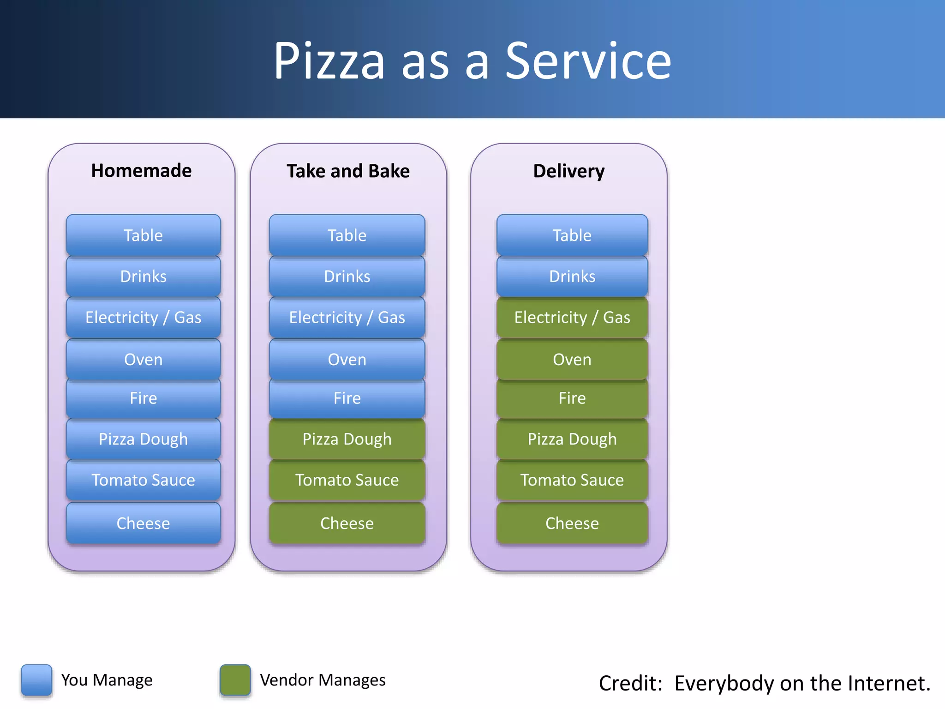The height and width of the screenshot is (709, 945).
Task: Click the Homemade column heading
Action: (x=141, y=171)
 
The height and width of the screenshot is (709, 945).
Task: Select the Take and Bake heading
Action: (x=348, y=171)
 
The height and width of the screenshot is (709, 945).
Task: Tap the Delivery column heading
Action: (x=568, y=171)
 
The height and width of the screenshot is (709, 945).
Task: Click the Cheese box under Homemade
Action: (x=143, y=523)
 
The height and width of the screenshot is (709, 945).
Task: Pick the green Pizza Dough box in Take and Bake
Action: (x=347, y=439)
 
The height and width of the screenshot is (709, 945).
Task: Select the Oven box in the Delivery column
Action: (x=572, y=360)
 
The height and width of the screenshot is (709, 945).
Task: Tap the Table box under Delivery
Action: (x=572, y=235)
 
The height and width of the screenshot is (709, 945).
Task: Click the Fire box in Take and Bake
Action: (x=347, y=398)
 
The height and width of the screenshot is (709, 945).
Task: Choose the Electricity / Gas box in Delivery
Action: (x=572, y=318)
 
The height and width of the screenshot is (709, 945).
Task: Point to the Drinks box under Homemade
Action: (x=143, y=276)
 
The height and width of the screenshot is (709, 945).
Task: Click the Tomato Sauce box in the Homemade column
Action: (x=143, y=480)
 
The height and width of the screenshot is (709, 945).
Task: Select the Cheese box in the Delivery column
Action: (x=572, y=523)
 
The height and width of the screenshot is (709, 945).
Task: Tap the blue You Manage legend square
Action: (x=36, y=680)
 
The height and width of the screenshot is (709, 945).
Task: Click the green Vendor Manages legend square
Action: (x=235, y=680)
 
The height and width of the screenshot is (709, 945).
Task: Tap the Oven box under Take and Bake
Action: (x=347, y=360)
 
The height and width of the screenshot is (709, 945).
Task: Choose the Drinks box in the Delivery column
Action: (x=572, y=276)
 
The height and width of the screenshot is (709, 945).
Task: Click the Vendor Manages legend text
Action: (x=323, y=680)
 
